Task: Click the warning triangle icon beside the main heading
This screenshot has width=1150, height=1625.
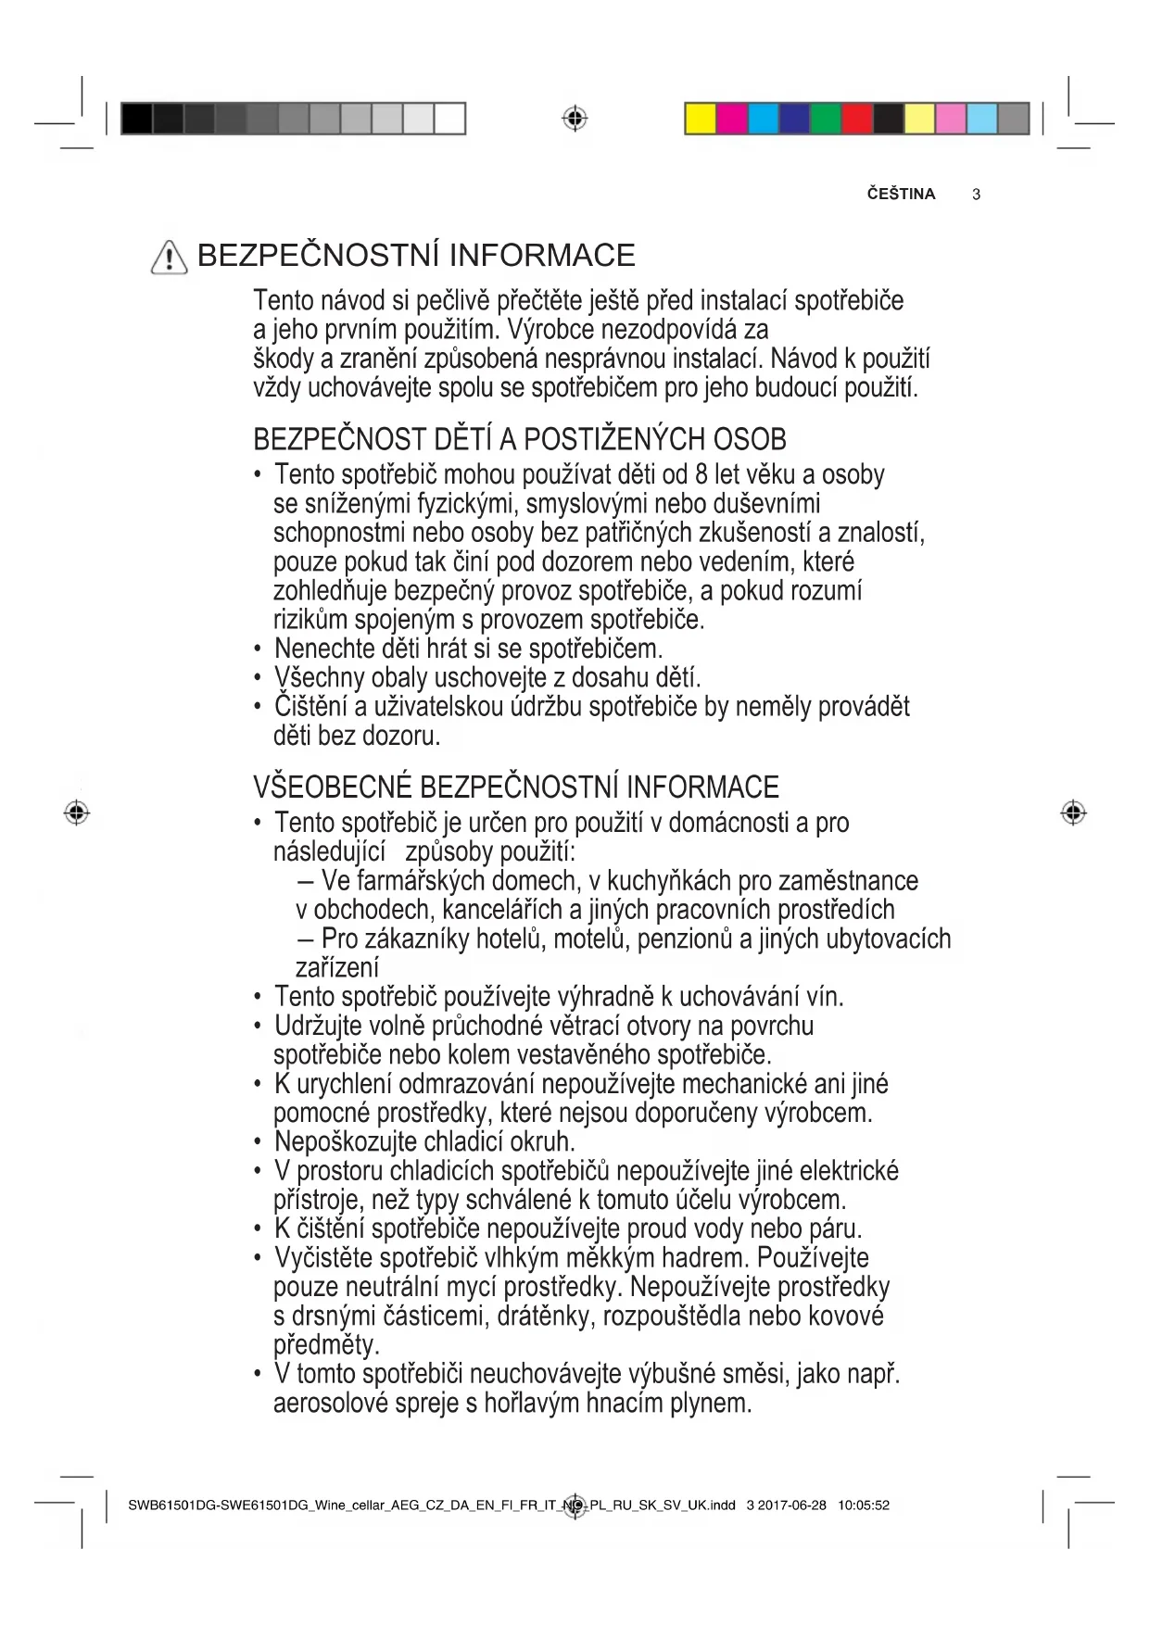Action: click(x=169, y=256)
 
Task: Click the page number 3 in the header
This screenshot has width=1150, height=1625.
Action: click(x=977, y=195)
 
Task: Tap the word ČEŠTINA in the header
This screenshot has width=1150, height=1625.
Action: click(x=901, y=194)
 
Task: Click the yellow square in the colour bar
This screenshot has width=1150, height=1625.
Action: click(x=701, y=120)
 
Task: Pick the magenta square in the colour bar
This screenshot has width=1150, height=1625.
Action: click(x=732, y=120)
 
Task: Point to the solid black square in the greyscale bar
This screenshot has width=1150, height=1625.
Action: click(x=136, y=120)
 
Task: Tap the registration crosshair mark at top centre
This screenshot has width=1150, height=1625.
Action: click(x=575, y=119)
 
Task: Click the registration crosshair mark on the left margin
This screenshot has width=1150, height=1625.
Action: click(x=77, y=812)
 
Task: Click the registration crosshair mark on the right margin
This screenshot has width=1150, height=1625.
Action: click(x=1072, y=812)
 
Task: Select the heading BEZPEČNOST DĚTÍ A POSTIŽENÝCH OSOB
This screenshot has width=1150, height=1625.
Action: click(x=519, y=438)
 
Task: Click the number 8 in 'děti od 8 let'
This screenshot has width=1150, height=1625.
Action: click(x=701, y=474)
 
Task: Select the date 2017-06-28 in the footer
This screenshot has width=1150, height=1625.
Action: click(x=792, y=1505)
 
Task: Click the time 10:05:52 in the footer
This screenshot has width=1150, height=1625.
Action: click(x=863, y=1505)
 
